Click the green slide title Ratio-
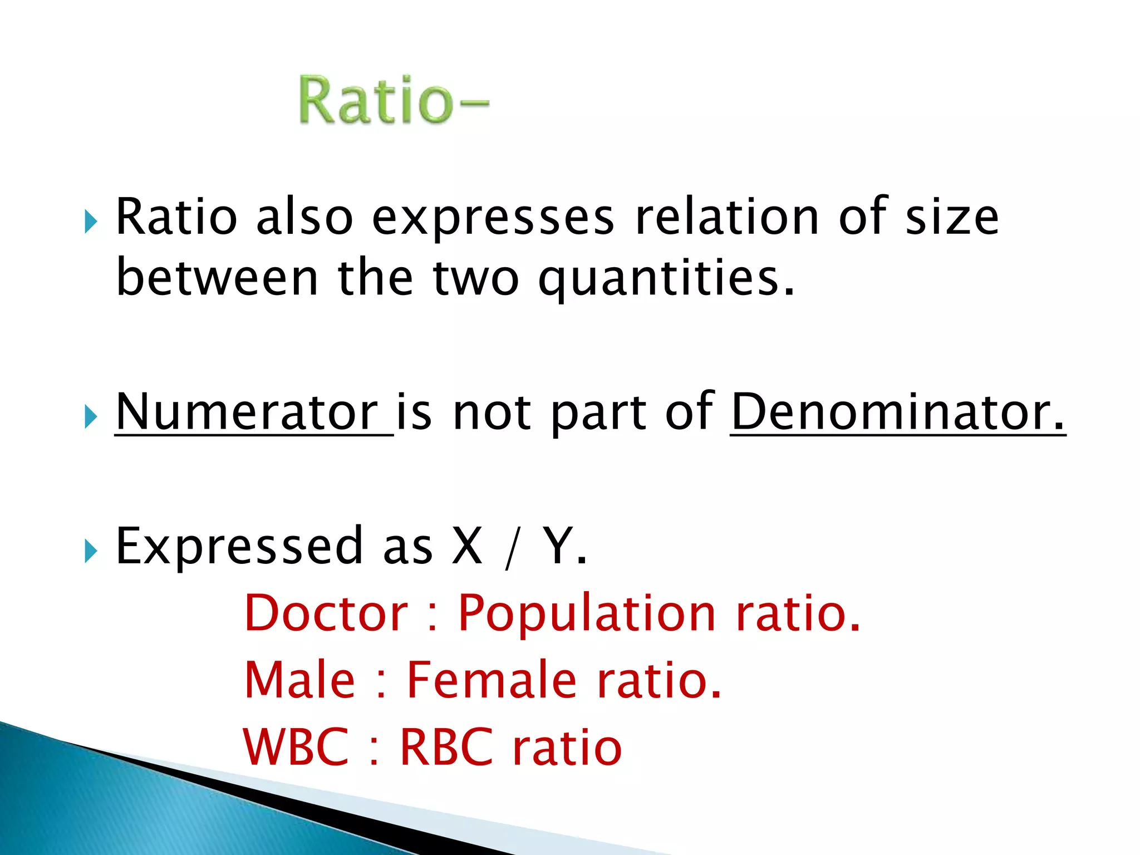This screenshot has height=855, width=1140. [394, 100]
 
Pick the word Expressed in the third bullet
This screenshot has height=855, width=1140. [239, 547]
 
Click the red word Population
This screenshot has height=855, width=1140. [587, 614]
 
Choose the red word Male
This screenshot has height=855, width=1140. [299, 680]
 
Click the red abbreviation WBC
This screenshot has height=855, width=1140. [296, 747]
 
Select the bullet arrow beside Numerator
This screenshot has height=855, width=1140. [91, 416]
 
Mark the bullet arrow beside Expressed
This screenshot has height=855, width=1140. [91, 551]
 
